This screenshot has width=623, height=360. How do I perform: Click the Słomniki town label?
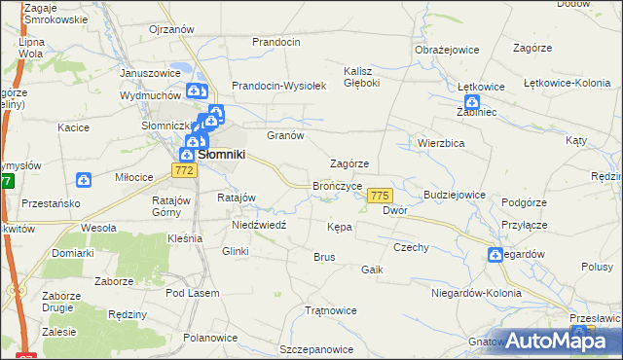point(221,154)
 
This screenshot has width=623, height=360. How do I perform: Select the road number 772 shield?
point(185,170)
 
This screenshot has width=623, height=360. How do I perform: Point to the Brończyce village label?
point(338,185)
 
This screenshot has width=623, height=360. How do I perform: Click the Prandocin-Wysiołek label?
point(277,86)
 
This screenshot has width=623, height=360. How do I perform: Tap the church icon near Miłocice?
point(85,180)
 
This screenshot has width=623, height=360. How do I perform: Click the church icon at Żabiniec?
point(472,102)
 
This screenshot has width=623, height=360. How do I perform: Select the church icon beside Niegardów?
point(495,255)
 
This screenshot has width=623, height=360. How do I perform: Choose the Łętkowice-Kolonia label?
point(566,86)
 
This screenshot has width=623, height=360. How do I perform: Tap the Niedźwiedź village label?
point(258,224)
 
